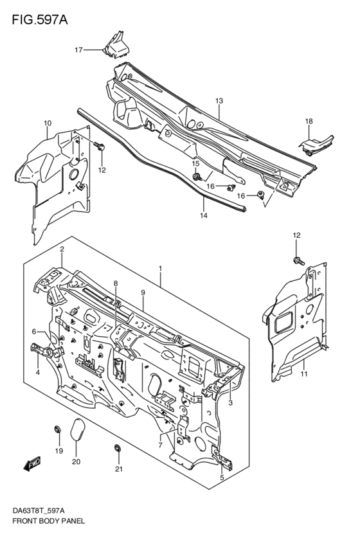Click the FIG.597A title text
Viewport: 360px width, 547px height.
(39, 20)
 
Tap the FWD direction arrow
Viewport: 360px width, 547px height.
(32, 464)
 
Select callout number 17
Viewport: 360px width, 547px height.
(78, 50)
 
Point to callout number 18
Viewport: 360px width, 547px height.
(309, 121)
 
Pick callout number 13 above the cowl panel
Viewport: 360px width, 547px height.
(219, 101)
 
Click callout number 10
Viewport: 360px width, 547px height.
(48, 123)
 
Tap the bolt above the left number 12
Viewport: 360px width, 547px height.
(100, 146)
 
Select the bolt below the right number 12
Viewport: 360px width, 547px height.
(298, 261)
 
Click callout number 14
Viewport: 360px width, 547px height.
(204, 215)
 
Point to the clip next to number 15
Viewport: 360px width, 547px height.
(197, 177)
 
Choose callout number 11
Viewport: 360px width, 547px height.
(304, 374)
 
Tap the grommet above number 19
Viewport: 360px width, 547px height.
(57, 429)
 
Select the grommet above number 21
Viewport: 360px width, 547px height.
(118, 448)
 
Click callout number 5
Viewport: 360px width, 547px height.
(222, 478)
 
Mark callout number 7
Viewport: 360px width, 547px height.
(160, 445)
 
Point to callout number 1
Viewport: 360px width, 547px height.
(160, 268)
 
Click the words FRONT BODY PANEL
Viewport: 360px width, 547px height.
(48, 521)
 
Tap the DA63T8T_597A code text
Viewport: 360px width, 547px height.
(39, 511)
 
